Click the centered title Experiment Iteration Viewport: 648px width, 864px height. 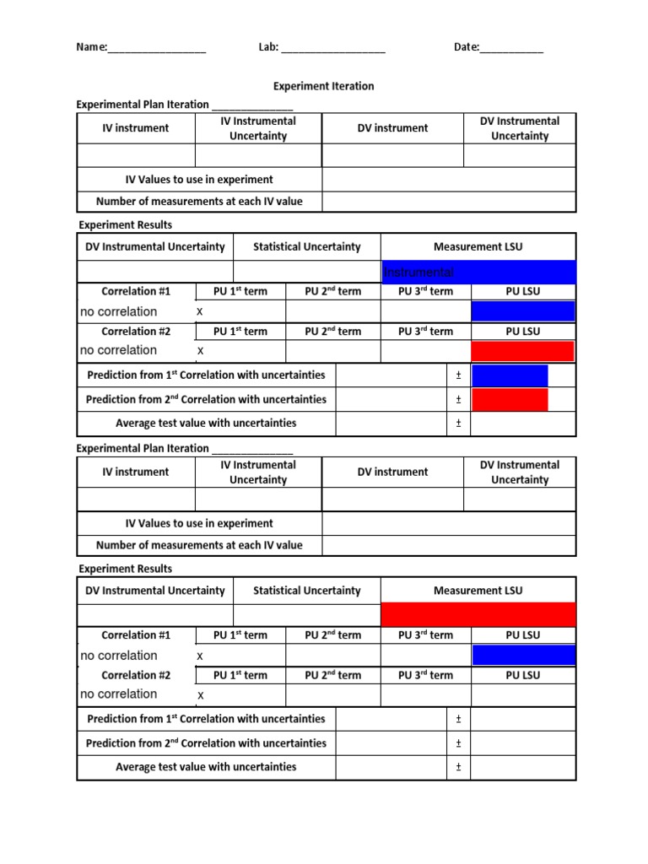(x=323, y=86)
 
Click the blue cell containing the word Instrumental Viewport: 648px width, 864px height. (x=478, y=272)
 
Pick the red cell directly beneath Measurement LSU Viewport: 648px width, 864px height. (x=478, y=615)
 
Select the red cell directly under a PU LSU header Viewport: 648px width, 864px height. (x=523, y=351)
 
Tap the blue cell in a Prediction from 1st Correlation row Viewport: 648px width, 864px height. (x=510, y=375)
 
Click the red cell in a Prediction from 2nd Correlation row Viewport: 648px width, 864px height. (x=510, y=399)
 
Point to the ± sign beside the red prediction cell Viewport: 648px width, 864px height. (x=458, y=399)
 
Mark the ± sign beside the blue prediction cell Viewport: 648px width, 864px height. (x=458, y=375)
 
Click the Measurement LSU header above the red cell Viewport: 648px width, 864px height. (x=478, y=591)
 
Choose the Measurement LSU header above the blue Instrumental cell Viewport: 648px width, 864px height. (x=478, y=246)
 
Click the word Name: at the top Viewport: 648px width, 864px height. (x=91, y=47)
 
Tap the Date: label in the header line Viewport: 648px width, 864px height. (x=467, y=47)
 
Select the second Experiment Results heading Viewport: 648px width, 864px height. (x=125, y=569)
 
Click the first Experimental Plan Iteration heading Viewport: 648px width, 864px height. (x=143, y=105)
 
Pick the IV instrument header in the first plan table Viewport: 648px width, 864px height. (x=135, y=128)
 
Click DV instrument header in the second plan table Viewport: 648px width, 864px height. (x=392, y=472)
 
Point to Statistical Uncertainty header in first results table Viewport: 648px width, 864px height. (x=306, y=246)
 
